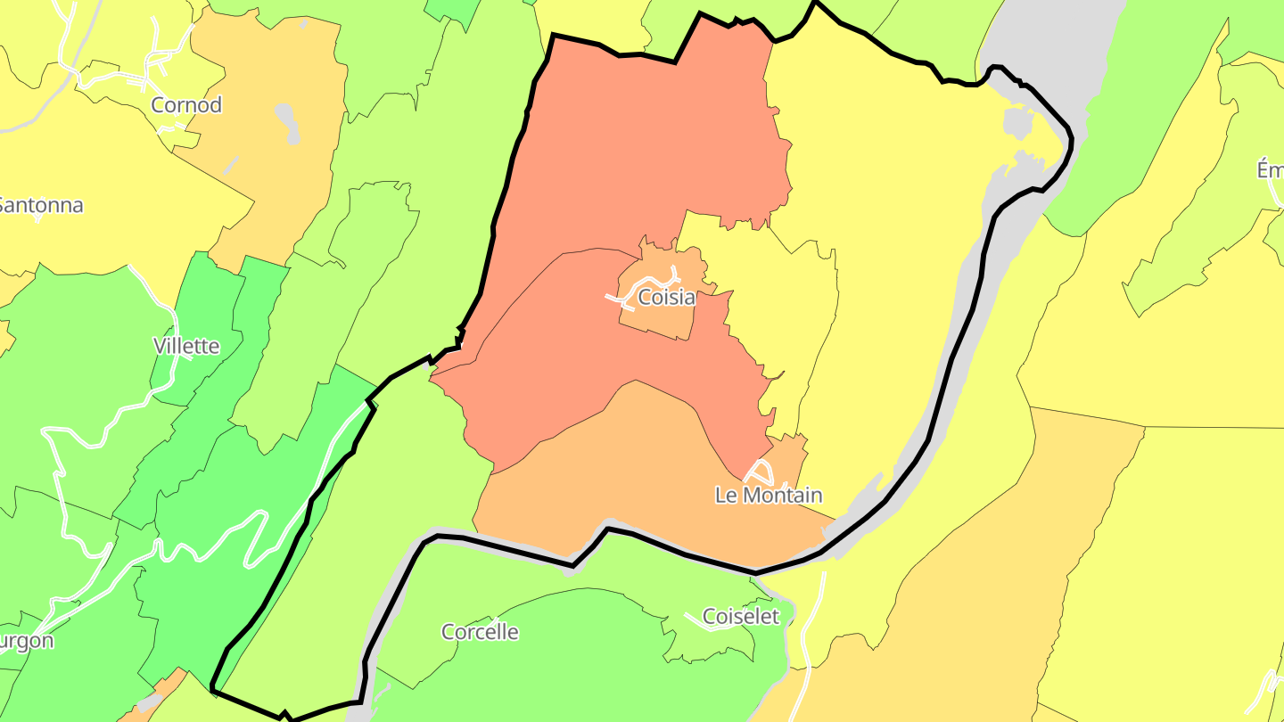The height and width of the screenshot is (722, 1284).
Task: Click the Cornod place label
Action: (186, 105)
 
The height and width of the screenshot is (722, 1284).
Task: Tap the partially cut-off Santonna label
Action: (40, 205)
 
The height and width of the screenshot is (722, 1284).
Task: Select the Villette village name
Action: (186, 346)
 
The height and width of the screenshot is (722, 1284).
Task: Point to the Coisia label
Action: (666, 298)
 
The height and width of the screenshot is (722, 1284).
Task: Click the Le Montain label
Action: (769, 495)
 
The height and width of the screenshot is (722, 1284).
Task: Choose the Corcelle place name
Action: (480, 632)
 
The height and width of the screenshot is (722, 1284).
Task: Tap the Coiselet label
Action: (741, 616)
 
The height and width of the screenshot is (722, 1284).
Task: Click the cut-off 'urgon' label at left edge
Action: (27, 641)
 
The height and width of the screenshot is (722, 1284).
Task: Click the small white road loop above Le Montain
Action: (759, 472)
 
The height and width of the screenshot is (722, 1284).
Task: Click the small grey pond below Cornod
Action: (286, 123)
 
